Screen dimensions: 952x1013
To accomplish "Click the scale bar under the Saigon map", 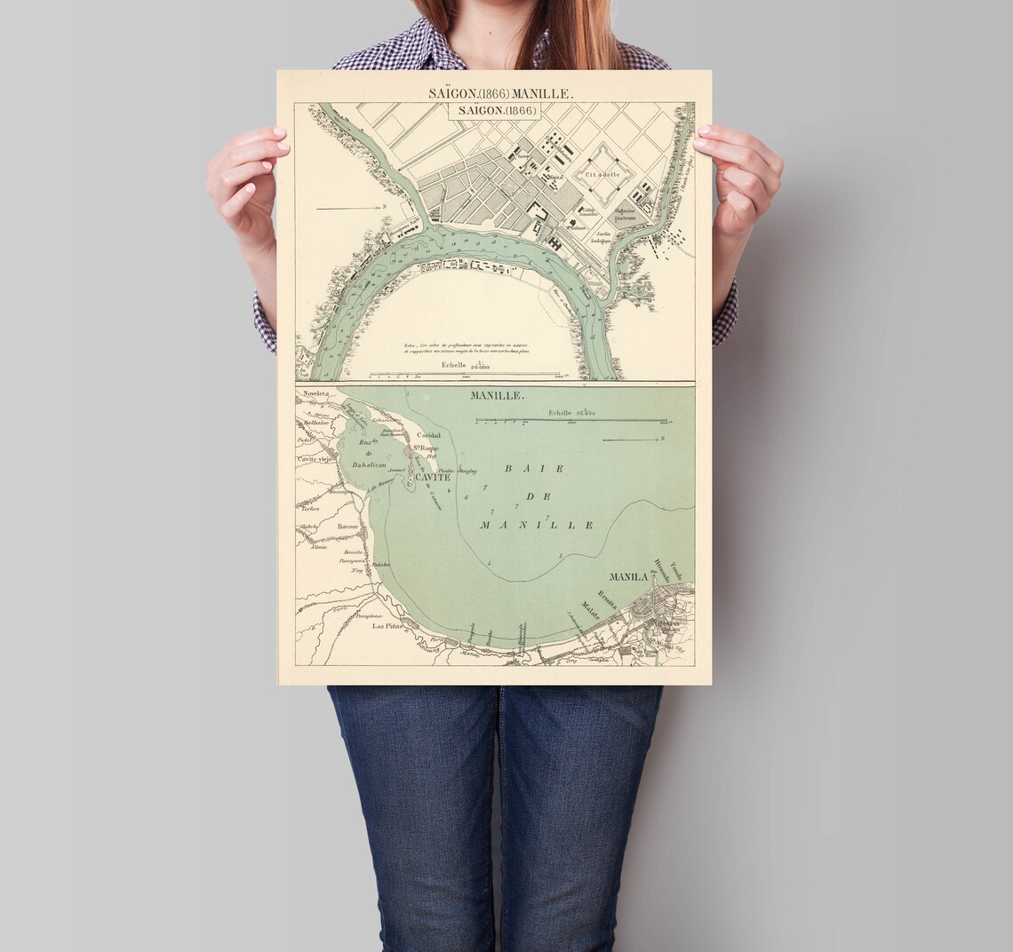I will click(x=465, y=374).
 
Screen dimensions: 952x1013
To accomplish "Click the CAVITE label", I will click(x=429, y=477).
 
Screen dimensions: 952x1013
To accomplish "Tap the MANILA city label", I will click(x=628, y=577).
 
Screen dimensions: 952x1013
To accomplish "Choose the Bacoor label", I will click(x=347, y=526).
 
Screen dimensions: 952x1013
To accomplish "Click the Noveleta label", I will click(x=315, y=393).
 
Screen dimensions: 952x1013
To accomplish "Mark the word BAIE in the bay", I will click(x=521, y=468).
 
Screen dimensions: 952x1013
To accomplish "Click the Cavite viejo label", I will click(x=314, y=458).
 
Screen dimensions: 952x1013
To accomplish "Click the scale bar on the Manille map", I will click(x=571, y=420).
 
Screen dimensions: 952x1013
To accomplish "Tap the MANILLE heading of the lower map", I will click(x=498, y=396).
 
